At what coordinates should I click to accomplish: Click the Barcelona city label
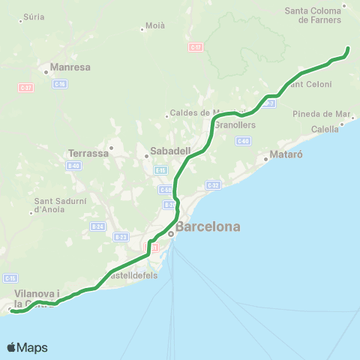click(x=208, y=226)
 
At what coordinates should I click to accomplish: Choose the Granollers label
click(x=235, y=124)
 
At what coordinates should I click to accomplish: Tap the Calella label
click(x=325, y=129)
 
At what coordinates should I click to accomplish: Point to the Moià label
click(x=154, y=26)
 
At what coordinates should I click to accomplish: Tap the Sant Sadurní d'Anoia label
click(x=58, y=205)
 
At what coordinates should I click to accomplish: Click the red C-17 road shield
click(x=195, y=46)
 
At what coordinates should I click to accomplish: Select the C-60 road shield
click(x=242, y=140)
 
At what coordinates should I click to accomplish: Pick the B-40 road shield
click(x=73, y=166)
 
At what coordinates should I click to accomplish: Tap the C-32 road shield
click(x=213, y=184)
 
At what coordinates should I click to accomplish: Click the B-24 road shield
click(x=97, y=226)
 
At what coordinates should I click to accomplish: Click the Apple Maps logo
click(x=27, y=347)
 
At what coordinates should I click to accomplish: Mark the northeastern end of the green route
click(x=348, y=49)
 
